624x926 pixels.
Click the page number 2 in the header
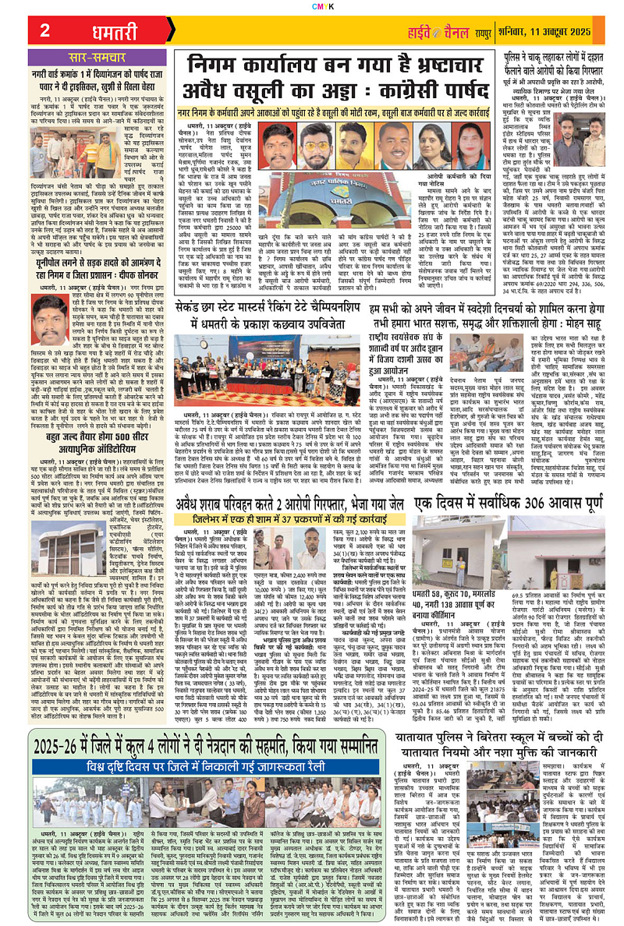tap(44, 30)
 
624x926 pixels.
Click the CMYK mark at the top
tap(312, 5)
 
